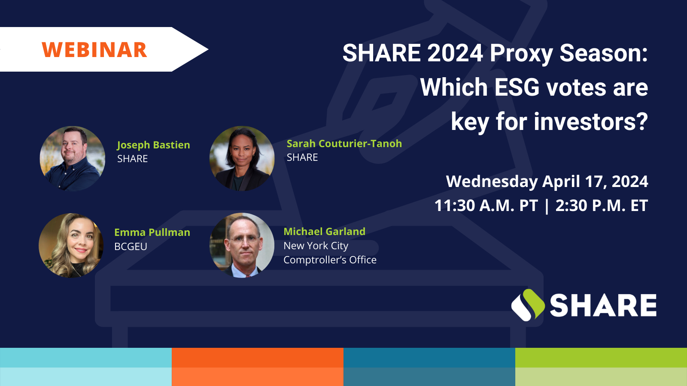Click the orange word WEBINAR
pos(94,50)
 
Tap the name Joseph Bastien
pos(153,145)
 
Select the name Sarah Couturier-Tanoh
pos(344,143)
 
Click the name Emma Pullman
pos(152,232)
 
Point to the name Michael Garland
pos(324,231)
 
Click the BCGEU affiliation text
pos(131,246)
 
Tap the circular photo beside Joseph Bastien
pos(73,159)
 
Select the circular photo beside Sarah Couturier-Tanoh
pos(242,159)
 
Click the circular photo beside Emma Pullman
pos(71,245)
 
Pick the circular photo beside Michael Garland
pos(242,245)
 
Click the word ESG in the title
pos(517,87)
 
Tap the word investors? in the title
pos(591,122)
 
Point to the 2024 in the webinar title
pos(455,53)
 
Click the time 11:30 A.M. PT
pos(486,205)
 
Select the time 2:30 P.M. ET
pos(602,205)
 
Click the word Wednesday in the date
pos(492,181)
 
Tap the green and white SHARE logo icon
pos(528,305)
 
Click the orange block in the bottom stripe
pos(258,367)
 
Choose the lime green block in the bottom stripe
pos(601,367)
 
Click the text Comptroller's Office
pos(330,260)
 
